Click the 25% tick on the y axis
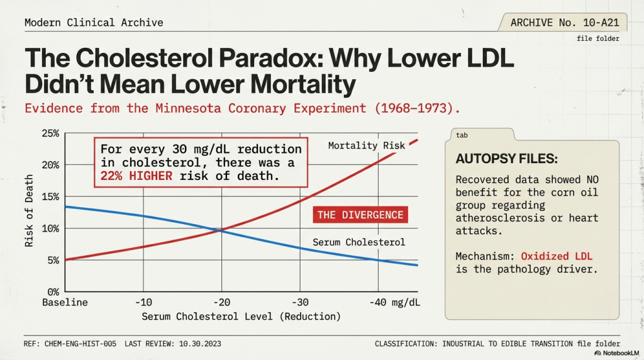(x=50, y=133)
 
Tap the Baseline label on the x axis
(x=65, y=302)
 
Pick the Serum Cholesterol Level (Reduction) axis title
(x=241, y=316)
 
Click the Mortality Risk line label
(x=367, y=146)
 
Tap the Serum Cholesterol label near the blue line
(x=358, y=242)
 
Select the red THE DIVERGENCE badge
(x=360, y=215)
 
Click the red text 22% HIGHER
(x=136, y=176)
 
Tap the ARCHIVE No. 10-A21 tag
(x=564, y=23)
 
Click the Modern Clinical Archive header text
(x=94, y=23)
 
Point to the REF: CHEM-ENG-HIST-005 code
(x=69, y=344)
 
